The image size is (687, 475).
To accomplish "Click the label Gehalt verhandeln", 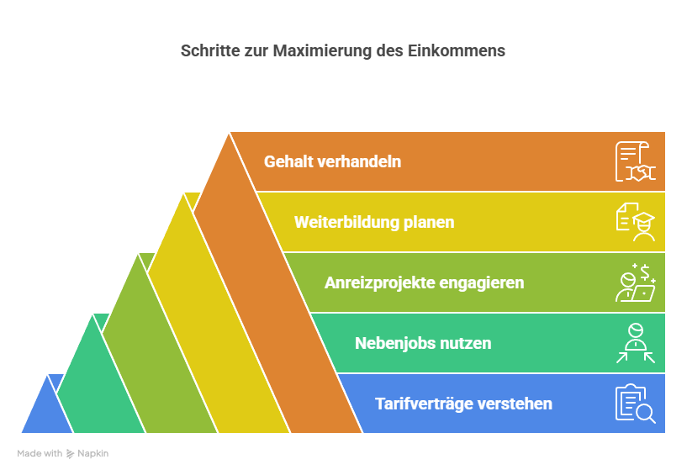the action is [x=332, y=161].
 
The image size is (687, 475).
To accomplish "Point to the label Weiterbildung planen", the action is [x=374, y=222].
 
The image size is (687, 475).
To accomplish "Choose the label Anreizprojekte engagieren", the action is [x=424, y=282].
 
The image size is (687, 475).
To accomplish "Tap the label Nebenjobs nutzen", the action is [x=423, y=343].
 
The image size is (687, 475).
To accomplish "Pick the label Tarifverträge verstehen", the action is [x=463, y=404].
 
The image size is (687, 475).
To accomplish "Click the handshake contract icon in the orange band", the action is [x=636, y=161].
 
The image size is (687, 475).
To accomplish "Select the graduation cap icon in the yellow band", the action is [x=636, y=222].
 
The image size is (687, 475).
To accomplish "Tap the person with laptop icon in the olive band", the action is [x=636, y=282].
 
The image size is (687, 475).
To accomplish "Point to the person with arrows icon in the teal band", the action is [x=636, y=343].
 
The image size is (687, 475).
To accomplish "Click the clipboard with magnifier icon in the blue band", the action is [x=636, y=404].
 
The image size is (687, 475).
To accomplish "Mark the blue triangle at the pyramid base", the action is [x=47, y=412].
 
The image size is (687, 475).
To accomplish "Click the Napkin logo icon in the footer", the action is [x=70, y=453].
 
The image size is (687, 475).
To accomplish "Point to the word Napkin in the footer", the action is [x=92, y=453].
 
